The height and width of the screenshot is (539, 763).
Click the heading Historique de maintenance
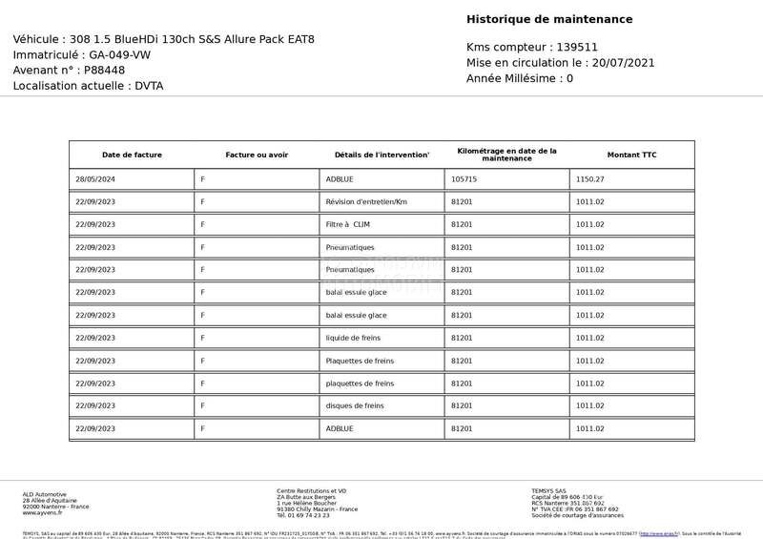click(x=549, y=19)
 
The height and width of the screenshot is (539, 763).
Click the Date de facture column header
click(x=132, y=155)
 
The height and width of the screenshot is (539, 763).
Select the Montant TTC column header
click(x=631, y=155)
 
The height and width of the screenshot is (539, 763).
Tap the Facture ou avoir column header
click(x=257, y=155)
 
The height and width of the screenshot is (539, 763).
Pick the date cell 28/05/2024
click(x=94, y=179)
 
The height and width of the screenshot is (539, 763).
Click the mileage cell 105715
click(x=464, y=179)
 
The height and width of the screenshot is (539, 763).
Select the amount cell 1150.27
click(x=589, y=179)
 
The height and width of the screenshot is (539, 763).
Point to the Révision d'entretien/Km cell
click(x=366, y=201)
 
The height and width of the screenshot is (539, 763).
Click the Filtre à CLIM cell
click(x=347, y=224)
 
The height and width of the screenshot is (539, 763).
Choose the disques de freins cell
click(x=355, y=406)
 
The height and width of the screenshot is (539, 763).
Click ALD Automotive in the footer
click(x=45, y=494)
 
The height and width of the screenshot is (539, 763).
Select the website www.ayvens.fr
click(x=42, y=513)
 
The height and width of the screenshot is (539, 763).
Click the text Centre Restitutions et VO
click(x=312, y=491)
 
